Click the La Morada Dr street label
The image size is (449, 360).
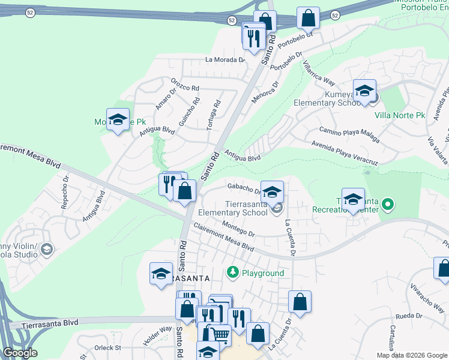225,60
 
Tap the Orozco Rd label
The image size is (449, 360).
184,88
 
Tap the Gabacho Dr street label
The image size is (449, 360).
244,189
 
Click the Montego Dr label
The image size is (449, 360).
238,228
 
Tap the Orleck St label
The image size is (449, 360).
108,348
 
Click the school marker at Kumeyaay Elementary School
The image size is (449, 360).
364,92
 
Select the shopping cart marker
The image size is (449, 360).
221,335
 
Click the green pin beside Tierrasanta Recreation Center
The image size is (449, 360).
388,205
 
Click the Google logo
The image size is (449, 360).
20,353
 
